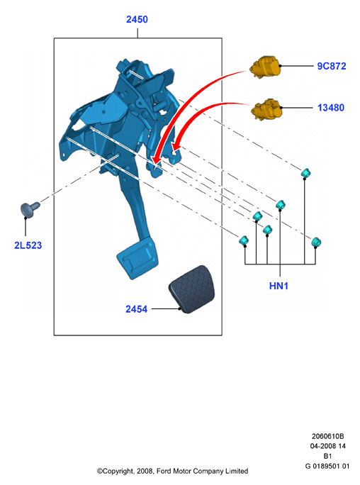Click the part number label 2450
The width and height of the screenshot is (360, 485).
(x=137, y=19)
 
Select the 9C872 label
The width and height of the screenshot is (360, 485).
(x=332, y=66)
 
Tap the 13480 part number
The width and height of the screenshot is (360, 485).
(x=331, y=108)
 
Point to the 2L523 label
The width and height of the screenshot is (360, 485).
(x=28, y=245)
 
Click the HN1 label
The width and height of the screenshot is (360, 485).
(x=279, y=286)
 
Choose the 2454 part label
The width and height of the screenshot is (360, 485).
(x=136, y=309)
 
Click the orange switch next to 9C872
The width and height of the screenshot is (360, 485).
(x=266, y=67)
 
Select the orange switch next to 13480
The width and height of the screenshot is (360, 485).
(x=266, y=109)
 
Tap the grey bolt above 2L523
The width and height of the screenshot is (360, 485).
(x=30, y=208)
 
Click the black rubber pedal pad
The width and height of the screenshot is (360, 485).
(x=191, y=289)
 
